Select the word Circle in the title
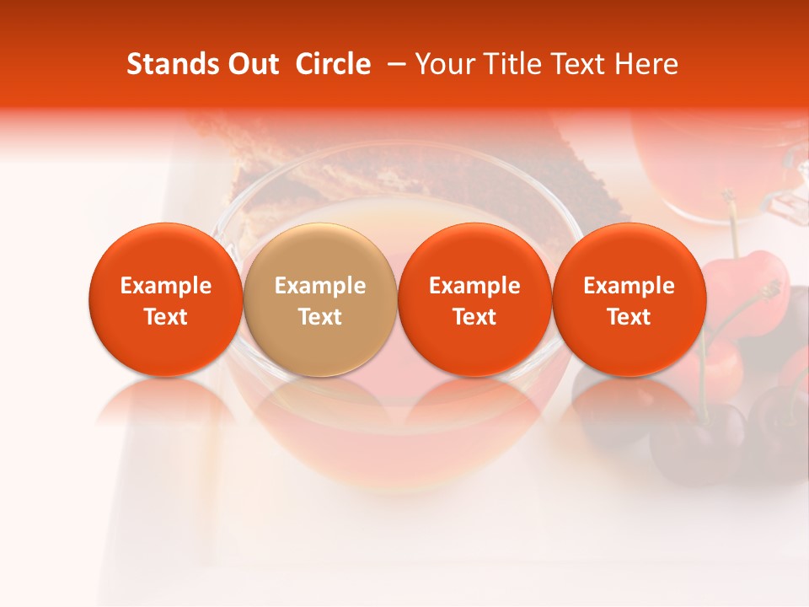coord(333,64)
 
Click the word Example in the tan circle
coord(320,286)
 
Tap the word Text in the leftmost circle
coord(165,317)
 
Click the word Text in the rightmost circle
coord(629,317)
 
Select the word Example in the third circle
coord(474,286)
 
